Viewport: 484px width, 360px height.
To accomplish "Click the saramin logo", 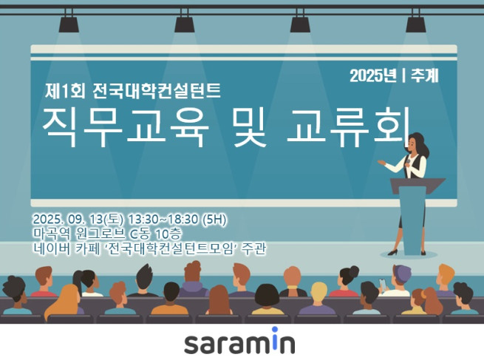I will click(x=239, y=342).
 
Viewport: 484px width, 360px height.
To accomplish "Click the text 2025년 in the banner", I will click(x=373, y=75).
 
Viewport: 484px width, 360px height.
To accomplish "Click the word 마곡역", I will click(x=49, y=234).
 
